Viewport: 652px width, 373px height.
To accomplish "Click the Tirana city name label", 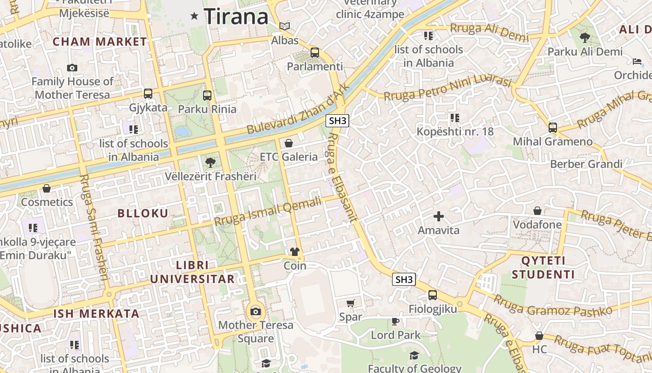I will click(x=236, y=17).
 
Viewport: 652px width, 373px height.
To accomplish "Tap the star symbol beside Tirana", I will click(x=195, y=16).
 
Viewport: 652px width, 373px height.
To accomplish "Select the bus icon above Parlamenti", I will click(x=315, y=53).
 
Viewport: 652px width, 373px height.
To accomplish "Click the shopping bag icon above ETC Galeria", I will click(x=289, y=143).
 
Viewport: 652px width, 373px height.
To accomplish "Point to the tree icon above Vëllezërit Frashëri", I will click(x=211, y=163).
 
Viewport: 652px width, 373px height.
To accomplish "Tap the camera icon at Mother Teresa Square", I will click(x=255, y=311).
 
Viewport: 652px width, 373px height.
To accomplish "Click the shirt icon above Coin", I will click(x=295, y=252).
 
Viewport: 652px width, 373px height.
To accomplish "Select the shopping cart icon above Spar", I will click(x=351, y=304).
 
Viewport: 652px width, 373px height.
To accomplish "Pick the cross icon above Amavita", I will click(x=438, y=216).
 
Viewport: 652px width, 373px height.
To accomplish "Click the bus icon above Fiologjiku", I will click(x=433, y=295).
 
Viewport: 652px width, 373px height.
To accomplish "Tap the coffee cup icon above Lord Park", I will click(x=395, y=321).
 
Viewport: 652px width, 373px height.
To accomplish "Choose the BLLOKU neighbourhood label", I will click(x=143, y=214).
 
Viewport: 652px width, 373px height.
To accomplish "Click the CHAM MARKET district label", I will click(x=100, y=41).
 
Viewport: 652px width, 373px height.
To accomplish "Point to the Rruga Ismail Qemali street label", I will click(x=268, y=211).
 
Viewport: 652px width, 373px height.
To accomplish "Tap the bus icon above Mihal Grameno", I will click(x=553, y=127).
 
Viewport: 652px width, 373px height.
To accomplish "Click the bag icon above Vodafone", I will click(x=537, y=211).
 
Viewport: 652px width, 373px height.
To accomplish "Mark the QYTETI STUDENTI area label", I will click(x=543, y=267).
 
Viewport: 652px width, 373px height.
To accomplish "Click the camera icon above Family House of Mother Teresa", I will click(x=72, y=68).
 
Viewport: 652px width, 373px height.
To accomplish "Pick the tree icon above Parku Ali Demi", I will click(x=584, y=38).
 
